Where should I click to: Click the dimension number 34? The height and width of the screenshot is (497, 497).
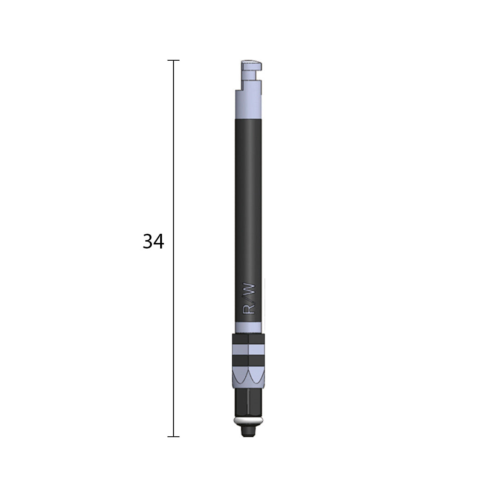tap(153, 242)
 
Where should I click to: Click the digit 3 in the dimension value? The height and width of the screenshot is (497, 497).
tap(148, 242)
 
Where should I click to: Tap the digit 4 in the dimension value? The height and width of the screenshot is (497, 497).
tap(159, 242)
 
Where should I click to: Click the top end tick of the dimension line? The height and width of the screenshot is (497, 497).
tap(173, 60)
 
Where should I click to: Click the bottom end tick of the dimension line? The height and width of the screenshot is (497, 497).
tap(173, 436)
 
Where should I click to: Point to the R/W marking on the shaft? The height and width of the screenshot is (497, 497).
tap(248, 298)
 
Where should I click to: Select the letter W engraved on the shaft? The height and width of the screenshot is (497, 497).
tap(248, 289)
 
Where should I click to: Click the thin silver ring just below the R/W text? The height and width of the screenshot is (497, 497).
tap(248, 327)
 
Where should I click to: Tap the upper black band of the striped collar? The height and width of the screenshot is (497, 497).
tap(248, 339)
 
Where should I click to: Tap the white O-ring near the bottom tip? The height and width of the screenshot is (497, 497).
tap(248, 422)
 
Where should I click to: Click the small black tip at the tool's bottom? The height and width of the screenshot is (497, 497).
tap(248, 432)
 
